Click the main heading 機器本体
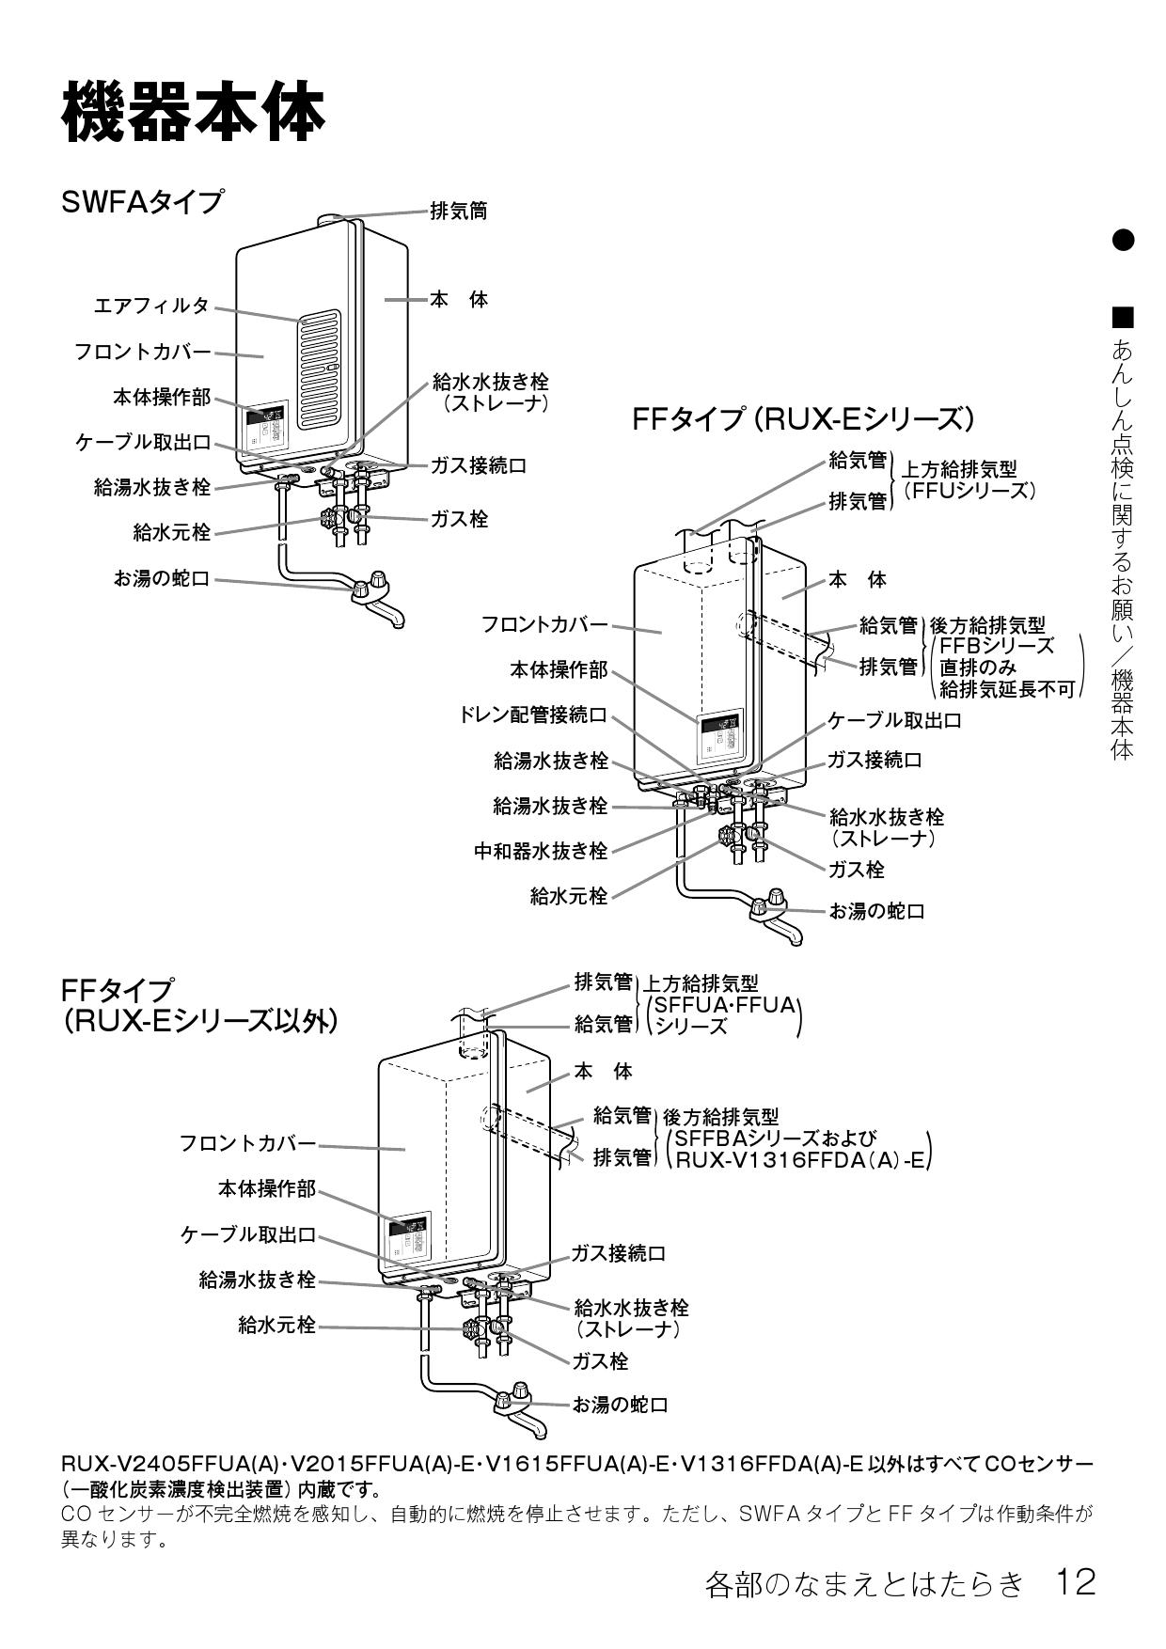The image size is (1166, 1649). pyautogui.click(x=193, y=111)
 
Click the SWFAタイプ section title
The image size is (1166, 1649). pyautogui.click(x=143, y=201)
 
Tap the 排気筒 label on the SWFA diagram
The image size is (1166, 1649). pyautogui.click(x=458, y=211)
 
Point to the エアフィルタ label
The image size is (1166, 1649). pyautogui.click(x=151, y=306)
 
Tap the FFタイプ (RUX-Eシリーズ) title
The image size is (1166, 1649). pyautogui.click(x=803, y=418)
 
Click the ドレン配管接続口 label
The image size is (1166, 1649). pyautogui.click(x=532, y=715)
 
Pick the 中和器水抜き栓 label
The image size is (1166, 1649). pyautogui.click(x=541, y=852)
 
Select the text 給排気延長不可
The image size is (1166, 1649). pyautogui.click(x=1006, y=689)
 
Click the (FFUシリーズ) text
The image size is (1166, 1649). pyautogui.click(x=969, y=490)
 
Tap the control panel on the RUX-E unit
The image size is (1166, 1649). pyautogui.click(x=718, y=736)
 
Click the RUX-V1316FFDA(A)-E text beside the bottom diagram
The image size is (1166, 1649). pyautogui.click(x=799, y=1160)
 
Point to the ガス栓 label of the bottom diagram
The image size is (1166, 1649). pyautogui.click(x=600, y=1360)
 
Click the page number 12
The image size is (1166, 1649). pyautogui.click(x=1075, y=1582)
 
